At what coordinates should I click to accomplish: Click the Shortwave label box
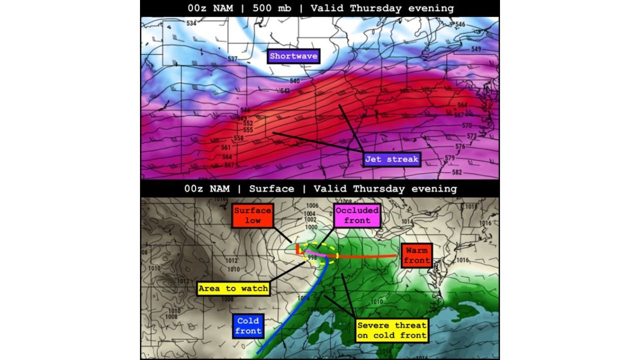pyautogui.click(x=293, y=56)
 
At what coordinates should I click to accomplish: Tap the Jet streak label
pyautogui.click(x=391, y=159)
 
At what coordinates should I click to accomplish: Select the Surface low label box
pyautogui.click(x=253, y=215)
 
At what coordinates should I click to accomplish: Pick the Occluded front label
pyautogui.click(x=357, y=215)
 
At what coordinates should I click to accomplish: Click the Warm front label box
pyautogui.click(x=416, y=255)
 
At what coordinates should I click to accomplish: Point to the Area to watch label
pyautogui.click(x=233, y=288)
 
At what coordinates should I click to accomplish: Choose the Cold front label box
pyautogui.click(x=248, y=325)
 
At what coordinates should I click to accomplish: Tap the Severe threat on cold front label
pyautogui.click(x=392, y=330)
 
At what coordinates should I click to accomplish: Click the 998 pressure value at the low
pyautogui.click(x=312, y=257)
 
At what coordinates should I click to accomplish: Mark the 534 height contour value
pyautogui.click(x=191, y=23)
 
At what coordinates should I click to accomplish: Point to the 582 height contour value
pyautogui.click(x=456, y=172)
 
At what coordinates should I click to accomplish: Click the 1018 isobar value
pyautogui.click(x=470, y=206)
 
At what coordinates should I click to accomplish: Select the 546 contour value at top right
pyautogui.click(x=460, y=24)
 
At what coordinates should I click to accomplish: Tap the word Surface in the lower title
pyautogui.click(x=271, y=189)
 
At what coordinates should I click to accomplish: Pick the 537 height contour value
pyautogui.click(x=232, y=59)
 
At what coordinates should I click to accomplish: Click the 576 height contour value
pyautogui.click(x=460, y=146)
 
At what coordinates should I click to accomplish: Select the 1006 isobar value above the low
pyautogui.click(x=312, y=206)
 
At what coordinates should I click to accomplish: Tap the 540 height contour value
pyautogui.click(x=294, y=81)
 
